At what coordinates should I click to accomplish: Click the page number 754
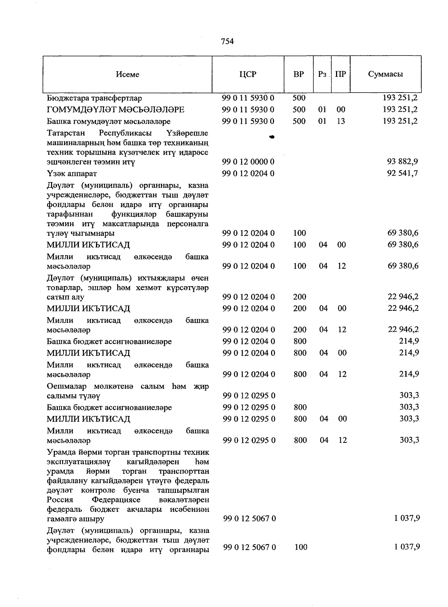coord(227,41)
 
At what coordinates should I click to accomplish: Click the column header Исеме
coord(128,74)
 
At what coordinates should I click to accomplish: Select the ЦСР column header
coord(248,74)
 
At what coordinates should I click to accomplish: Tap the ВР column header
coord(299,74)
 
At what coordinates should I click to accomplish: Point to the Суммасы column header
coord(385,74)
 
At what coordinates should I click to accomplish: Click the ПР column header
coord(340,74)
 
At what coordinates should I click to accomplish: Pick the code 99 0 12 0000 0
coord(248,162)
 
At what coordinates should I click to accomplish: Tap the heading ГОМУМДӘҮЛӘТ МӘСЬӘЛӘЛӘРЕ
coord(115,110)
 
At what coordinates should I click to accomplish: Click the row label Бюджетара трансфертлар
coord(94,98)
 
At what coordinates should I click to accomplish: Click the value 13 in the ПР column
coord(341,121)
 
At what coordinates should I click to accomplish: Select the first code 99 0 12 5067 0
coord(249,519)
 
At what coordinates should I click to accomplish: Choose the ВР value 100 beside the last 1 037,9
coord(301,547)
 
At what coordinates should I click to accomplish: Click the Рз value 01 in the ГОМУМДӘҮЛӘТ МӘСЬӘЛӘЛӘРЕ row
coord(322,110)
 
